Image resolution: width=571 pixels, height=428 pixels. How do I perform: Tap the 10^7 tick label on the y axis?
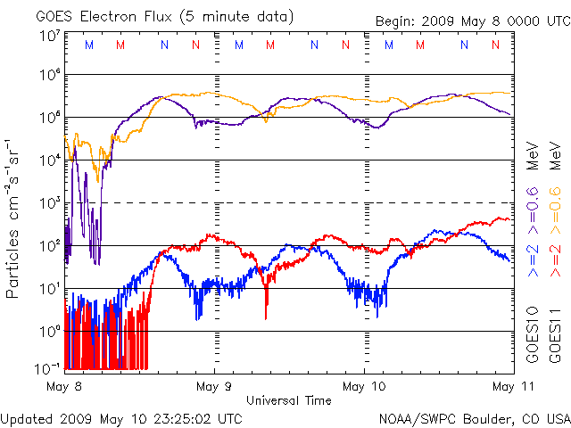click(50, 36)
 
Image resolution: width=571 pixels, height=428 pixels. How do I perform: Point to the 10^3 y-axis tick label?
click(50, 203)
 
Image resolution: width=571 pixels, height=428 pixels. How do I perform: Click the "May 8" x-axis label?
click(65, 386)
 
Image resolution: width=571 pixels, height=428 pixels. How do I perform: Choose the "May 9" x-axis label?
click(215, 386)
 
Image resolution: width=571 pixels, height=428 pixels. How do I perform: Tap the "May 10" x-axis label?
click(365, 386)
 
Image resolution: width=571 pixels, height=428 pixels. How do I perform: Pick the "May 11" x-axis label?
click(509, 386)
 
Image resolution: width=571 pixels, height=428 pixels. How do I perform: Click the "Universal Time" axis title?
click(288, 400)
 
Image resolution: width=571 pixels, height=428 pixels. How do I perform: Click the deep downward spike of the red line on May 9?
click(266, 317)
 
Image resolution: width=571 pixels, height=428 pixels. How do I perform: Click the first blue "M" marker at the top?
click(87, 44)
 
